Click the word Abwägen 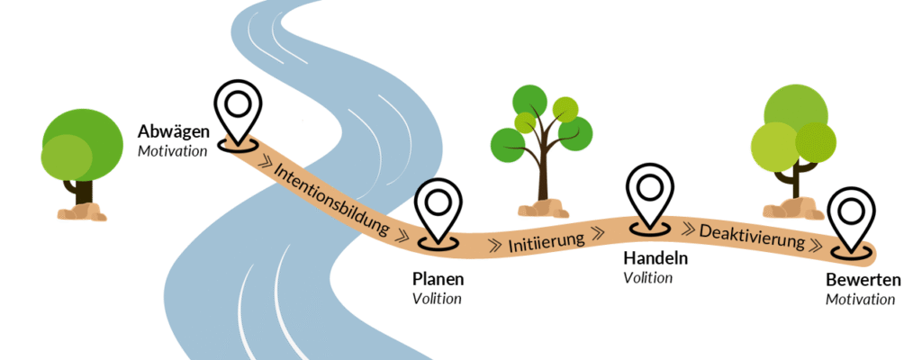[173, 132]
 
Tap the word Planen [438, 280]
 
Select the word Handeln [655, 258]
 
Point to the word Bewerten [863, 280]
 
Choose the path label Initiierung [547, 240]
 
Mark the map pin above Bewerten [851, 218]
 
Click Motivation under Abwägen [172, 150]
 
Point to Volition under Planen [437, 299]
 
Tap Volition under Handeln [648, 278]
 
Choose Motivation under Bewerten [860, 299]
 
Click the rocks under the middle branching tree [542, 209]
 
